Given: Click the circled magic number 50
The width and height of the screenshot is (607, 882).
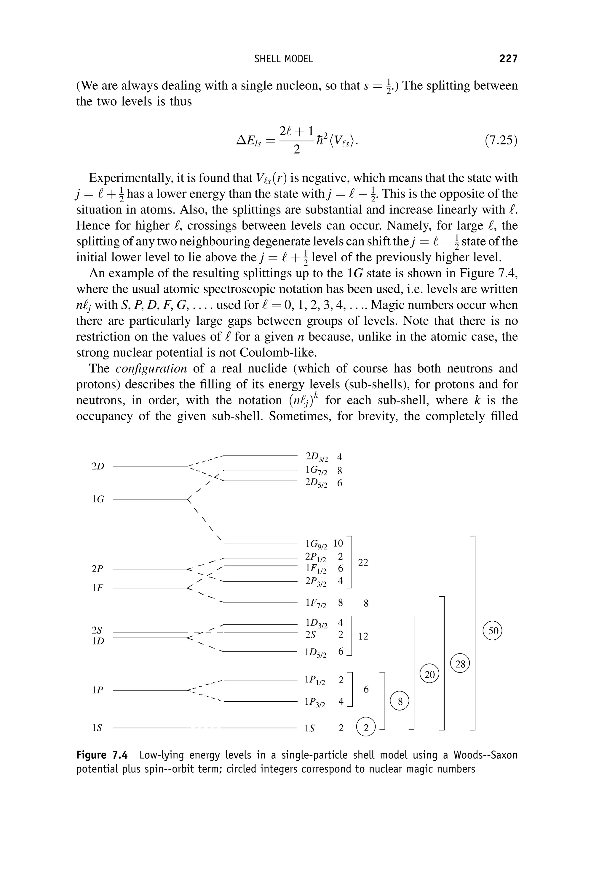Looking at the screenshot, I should pyautogui.click(x=493, y=631).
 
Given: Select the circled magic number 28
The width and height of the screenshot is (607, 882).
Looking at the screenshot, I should pyautogui.click(x=460, y=664).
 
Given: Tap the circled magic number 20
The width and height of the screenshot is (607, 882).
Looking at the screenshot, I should pyautogui.click(x=429, y=675).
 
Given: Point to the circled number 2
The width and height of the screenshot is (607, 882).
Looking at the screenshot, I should pyautogui.click(x=366, y=728).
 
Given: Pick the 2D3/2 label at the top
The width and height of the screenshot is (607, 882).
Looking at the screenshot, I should pyautogui.click(x=316, y=457).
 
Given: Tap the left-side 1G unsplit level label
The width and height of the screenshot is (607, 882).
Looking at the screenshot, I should pyautogui.click(x=98, y=499).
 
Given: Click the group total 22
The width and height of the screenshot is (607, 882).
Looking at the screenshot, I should pyautogui.click(x=363, y=562).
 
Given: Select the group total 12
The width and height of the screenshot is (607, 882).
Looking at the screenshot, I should pyautogui.click(x=363, y=636).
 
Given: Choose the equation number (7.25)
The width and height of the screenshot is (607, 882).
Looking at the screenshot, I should pyautogui.click(x=501, y=141).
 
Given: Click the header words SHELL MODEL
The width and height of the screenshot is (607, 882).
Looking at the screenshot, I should pyautogui.click(x=283, y=59).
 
